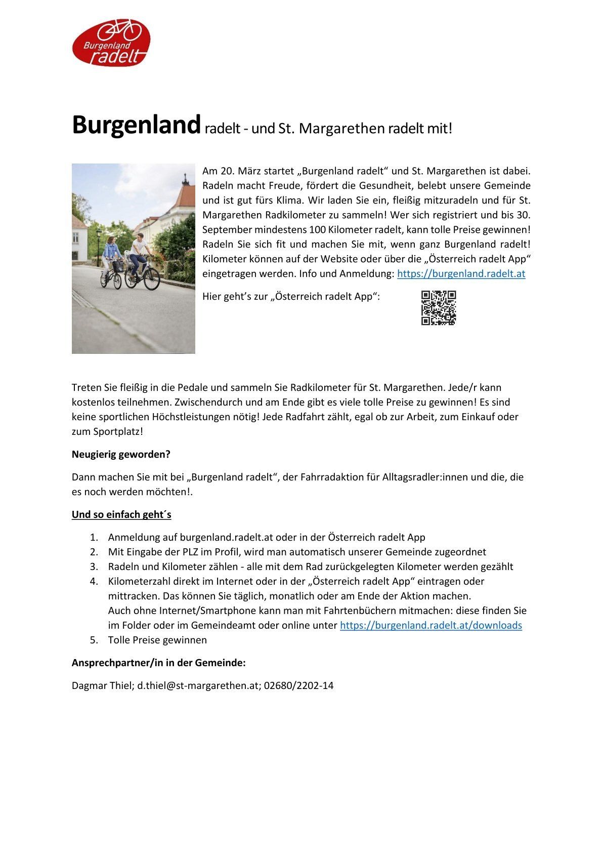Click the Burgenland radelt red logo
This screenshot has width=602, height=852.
coord(111,43)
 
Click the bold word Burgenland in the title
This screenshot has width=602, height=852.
coord(136,125)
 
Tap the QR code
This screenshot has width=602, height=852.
coord(439,308)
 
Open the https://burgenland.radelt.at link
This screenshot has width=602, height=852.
coord(461,274)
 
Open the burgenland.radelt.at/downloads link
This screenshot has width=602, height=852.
coord(431,625)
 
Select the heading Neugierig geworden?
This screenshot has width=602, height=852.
coord(121,454)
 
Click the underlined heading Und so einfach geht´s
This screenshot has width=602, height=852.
coord(121,514)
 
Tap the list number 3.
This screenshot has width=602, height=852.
coord(94,566)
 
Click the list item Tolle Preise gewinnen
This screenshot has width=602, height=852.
coord(157,640)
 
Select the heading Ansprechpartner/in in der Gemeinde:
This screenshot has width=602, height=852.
coord(158,663)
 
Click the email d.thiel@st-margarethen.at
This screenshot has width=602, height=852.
coord(198,686)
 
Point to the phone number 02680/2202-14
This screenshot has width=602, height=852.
coord(298,686)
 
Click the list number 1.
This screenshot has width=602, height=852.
coord(94,537)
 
